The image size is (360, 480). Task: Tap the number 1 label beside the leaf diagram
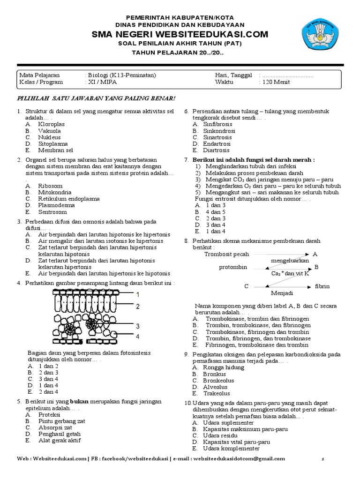(x=138, y=295)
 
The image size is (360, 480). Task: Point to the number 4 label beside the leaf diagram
(x=138, y=337)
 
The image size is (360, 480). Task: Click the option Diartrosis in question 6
(x=216, y=150)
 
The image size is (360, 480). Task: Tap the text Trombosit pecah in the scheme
(x=227, y=254)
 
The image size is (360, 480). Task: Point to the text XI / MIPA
(x=102, y=82)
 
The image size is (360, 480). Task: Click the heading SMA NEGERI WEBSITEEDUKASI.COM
(x=180, y=34)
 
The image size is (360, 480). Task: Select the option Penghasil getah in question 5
(x=60, y=434)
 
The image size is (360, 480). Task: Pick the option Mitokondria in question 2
(x=55, y=192)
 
